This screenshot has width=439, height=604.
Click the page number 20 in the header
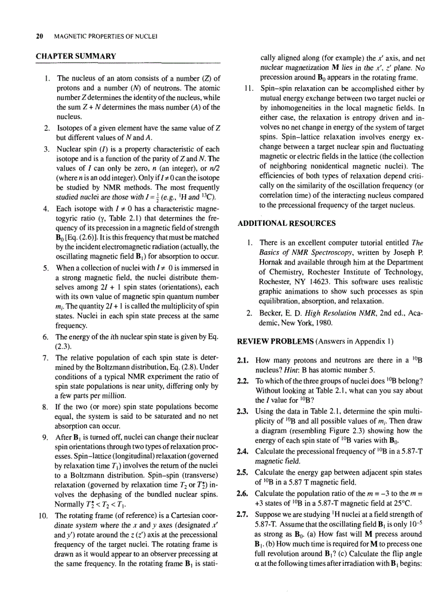(39, 37)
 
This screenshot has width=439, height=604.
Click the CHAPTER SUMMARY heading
(75, 56)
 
